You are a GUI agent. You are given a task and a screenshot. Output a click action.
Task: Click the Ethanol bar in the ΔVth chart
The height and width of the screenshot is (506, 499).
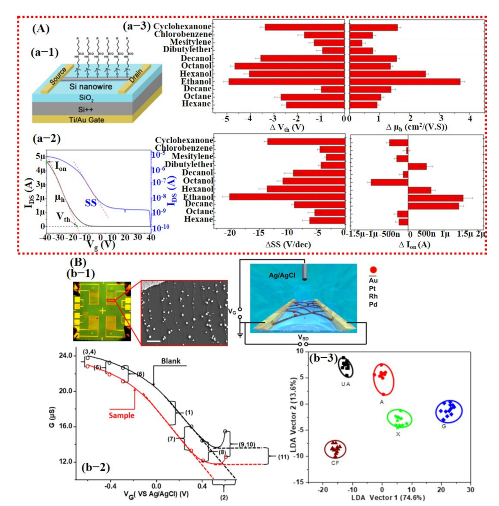point(286,81)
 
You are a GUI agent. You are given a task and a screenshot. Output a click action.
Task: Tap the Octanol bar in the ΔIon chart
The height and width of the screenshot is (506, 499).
point(389,182)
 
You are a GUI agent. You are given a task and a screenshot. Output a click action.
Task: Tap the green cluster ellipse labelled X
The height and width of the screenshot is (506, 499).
point(399,418)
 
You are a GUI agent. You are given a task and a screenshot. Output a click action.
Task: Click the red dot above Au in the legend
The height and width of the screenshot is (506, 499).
point(374,269)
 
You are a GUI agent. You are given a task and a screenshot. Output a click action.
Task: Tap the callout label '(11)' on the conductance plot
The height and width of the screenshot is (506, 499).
point(283,455)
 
